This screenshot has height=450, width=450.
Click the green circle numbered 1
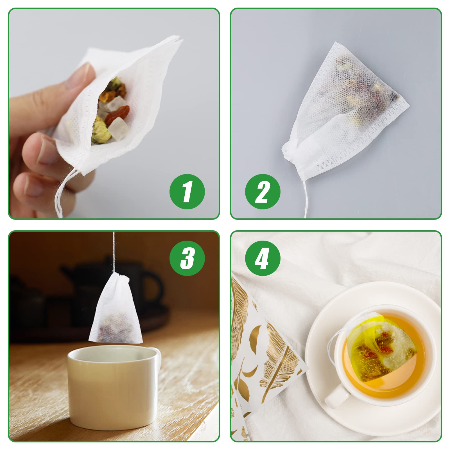coord(187,192)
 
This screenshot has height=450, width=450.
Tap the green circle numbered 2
coord(263,192)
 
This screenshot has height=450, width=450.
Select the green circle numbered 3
coord(187,258)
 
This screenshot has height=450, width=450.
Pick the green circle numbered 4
coord(263,258)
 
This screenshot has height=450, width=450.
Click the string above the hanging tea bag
coord(114,252)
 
